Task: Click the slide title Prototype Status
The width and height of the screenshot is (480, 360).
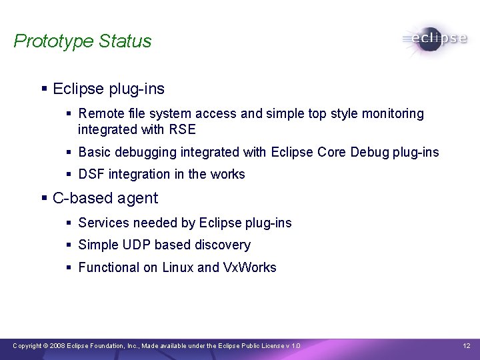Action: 83,41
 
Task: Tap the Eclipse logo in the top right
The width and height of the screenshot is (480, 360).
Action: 435,39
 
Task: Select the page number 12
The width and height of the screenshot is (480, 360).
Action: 467,345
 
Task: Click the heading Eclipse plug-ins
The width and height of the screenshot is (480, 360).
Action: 108,89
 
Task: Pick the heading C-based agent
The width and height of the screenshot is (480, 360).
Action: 105,198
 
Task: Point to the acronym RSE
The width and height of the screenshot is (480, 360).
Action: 183,129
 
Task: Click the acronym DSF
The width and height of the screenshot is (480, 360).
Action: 91,174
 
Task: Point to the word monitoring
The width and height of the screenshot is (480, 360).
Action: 391,114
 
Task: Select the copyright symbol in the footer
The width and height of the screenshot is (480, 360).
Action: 45,345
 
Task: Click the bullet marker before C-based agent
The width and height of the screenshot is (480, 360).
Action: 44,199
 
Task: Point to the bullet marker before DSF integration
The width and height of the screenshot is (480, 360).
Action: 69,175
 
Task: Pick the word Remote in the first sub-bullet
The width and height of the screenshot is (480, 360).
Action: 99,114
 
